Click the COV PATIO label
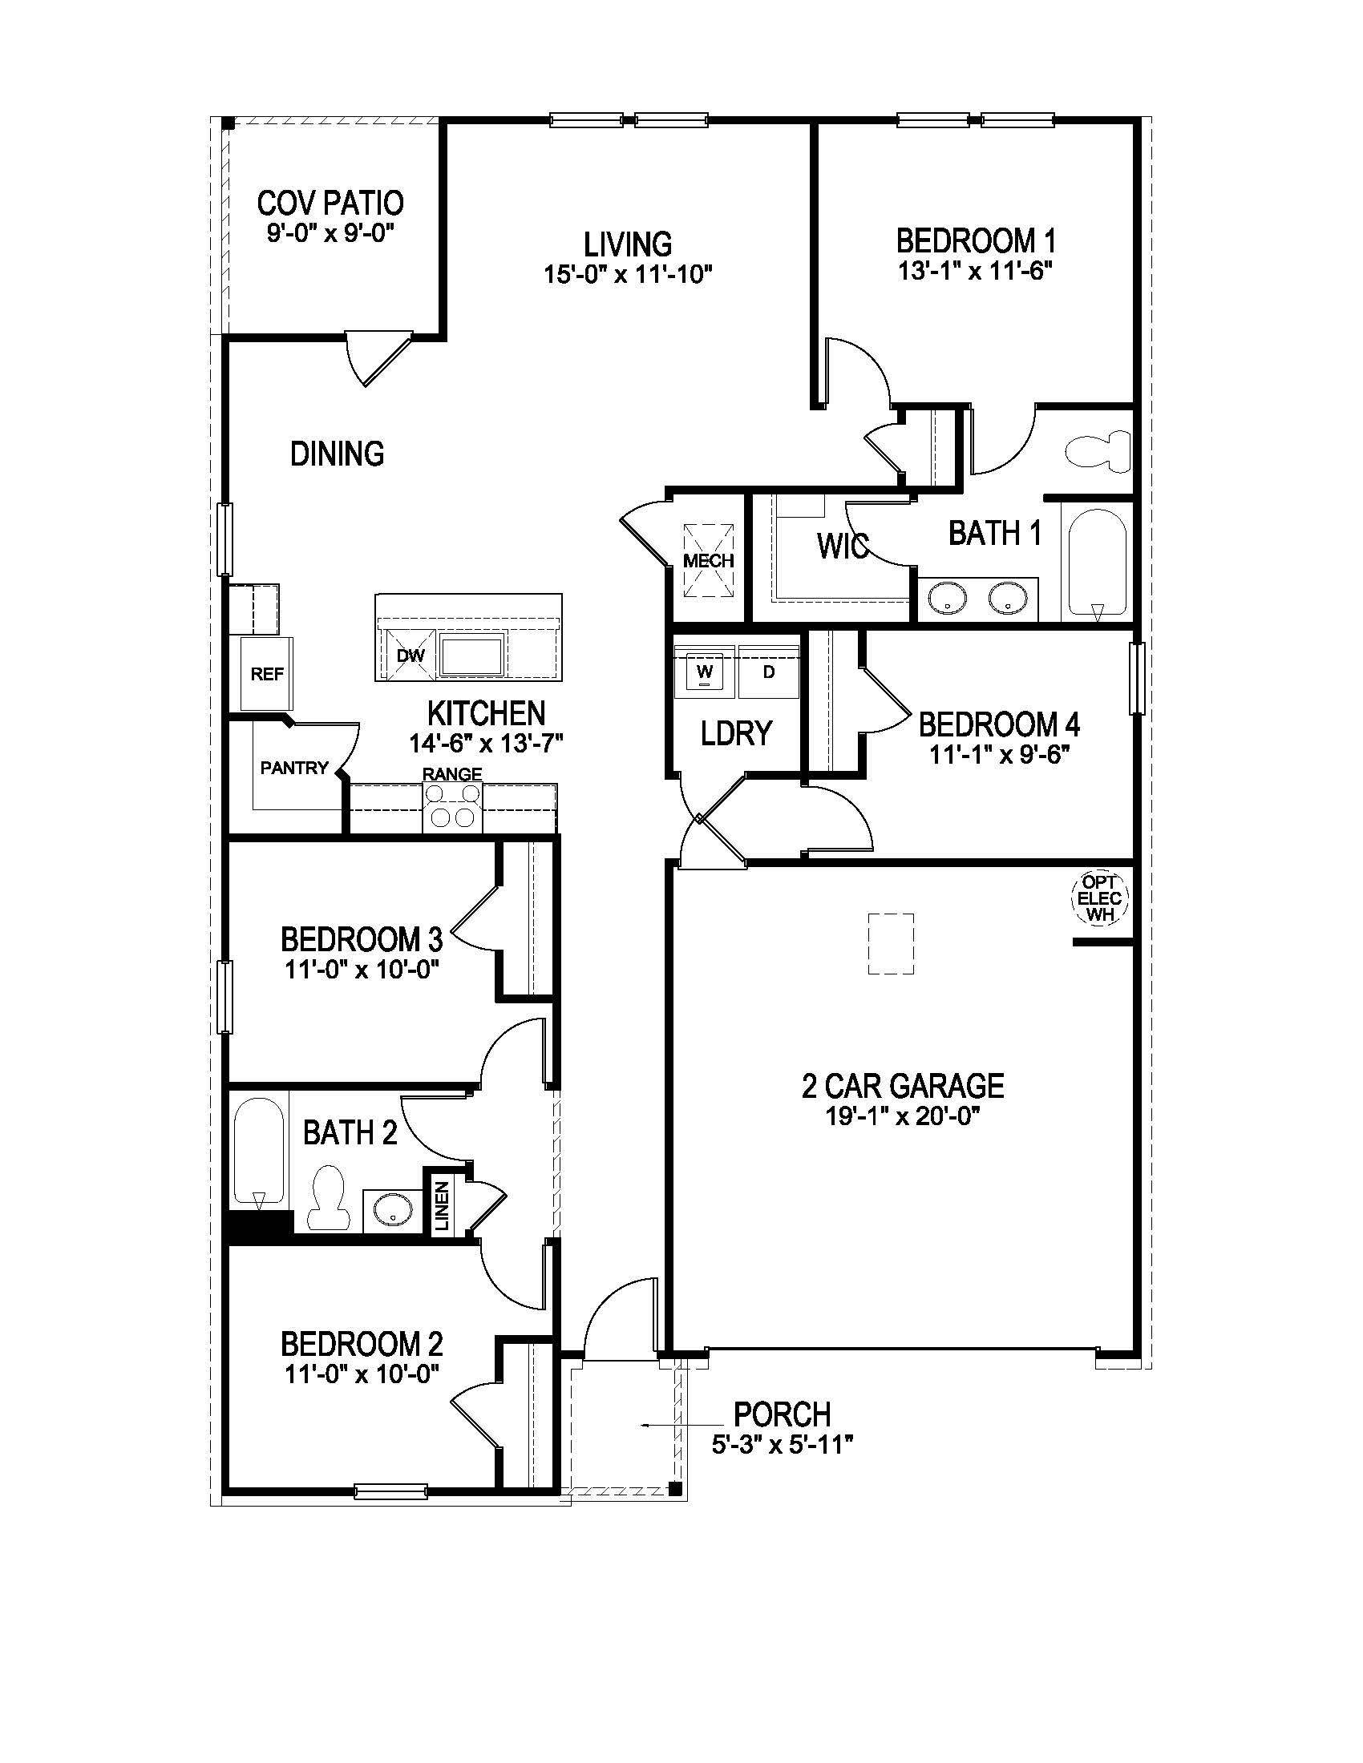(x=330, y=203)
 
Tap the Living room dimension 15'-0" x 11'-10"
(x=628, y=274)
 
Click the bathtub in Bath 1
(x=1097, y=563)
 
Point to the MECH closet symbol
(x=709, y=560)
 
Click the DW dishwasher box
(x=411, y=656)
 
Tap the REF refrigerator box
(x=266, y=673)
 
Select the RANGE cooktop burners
(x=452, y=806)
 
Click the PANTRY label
(x=294, y=768)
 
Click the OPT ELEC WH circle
(x=1099, y=898)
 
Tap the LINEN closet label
(x=442, y=1206)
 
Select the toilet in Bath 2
(x=329, y=1196)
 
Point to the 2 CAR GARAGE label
(x=902, y=1086)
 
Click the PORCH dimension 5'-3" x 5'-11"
(x=783, y=1445)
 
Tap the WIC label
(x=842, y=547)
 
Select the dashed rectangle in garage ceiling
(x=891, y=945)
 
